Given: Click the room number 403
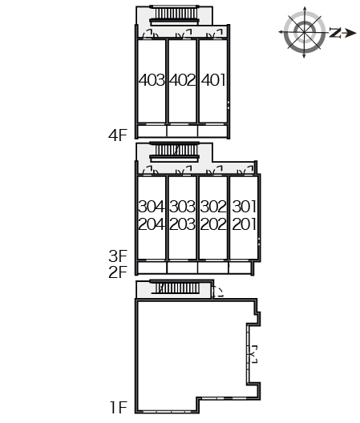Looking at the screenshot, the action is pyautogui.click(x=152, y=80).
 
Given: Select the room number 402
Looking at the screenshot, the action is pyautogui.click(x=183, y=80).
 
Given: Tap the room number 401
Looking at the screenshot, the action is pyautogui.click(x=213, y=80).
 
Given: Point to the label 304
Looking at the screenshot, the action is pyautogui.click(x=152, y=207).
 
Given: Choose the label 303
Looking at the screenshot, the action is pyautogui.click(x=182, y=207).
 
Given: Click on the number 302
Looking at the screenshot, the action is pyautogui.click(x=213, y=207).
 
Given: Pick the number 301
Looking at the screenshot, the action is pyautogui.click(x=244, y=207).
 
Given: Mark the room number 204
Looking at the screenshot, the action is pyautogui.click(x=152, y=224).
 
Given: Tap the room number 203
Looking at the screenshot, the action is pyautogui.click(x=182, y=224).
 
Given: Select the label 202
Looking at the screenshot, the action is pyautogui.click(x=213, y=224).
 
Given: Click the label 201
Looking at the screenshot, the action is pyautogui.click(x=244, y=224).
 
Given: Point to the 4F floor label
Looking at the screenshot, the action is pyautogui.click(x=118, y=135).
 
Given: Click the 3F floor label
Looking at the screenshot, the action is pyautogui.click(x=118, y=256).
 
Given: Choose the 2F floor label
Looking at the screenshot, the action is pyautogui.click(x=118, y=272).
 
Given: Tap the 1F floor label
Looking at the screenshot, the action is pyautogui.click(x=119, y=407).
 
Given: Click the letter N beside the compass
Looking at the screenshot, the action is pyautogui.click(x=335, y=33).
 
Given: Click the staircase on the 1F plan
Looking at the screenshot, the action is pyautogui.click(x=177, y=288).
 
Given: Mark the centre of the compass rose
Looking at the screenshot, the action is pyautogui.click(x=305, y=32).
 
